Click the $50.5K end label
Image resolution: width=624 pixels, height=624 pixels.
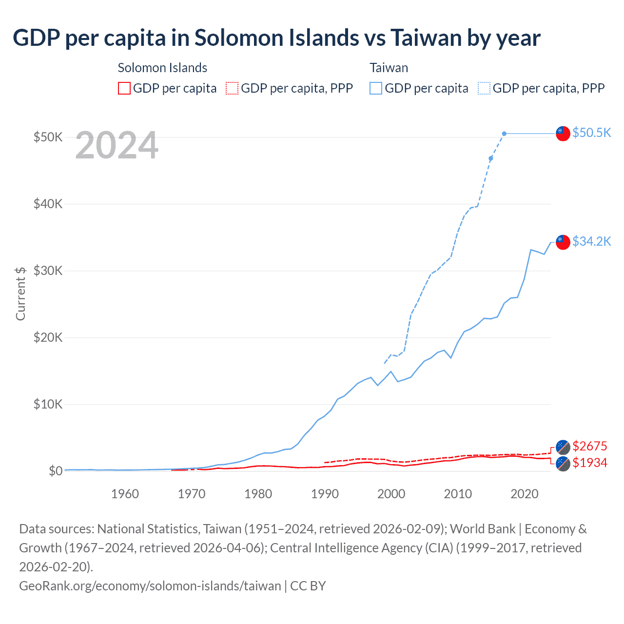pos(591,133)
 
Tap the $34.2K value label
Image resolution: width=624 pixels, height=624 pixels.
pos(591,241)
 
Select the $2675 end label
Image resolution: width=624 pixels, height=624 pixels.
pos(590,446)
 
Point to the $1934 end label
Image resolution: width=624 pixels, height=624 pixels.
pos(590,463)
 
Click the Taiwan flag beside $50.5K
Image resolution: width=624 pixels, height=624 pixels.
pos(563,133)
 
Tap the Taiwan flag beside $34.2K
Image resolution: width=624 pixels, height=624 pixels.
pos(563,242)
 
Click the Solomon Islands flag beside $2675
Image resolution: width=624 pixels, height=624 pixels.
pos(563,447)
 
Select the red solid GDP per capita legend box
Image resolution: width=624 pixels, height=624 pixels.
pos(124,88)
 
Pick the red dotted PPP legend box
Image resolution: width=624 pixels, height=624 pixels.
pos(232,88)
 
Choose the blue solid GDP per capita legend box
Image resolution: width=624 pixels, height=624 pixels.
pos(376,88)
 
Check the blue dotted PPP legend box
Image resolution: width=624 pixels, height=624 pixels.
pos(484,88)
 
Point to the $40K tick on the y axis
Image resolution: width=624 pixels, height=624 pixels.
pos(48,204)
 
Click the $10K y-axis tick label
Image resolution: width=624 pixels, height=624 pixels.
pos(48,404)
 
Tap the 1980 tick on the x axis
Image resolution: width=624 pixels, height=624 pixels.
pos(258,494)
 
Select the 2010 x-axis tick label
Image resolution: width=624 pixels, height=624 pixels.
pos(458,494)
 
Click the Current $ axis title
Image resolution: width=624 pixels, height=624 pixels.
pos(20,293)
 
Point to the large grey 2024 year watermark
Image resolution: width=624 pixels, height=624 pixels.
pos(117,145)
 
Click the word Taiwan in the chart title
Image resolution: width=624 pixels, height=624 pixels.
pos(425,38)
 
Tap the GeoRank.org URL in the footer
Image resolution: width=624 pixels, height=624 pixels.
pos(150,585)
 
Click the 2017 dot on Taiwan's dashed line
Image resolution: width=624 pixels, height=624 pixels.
pos(504,134)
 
